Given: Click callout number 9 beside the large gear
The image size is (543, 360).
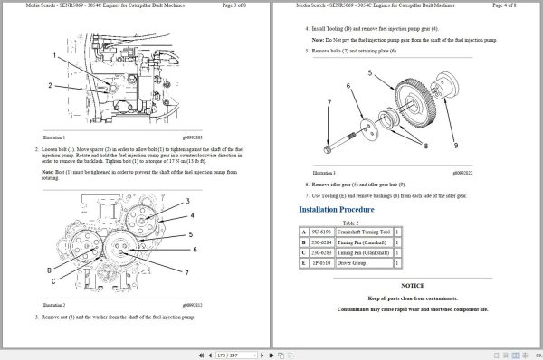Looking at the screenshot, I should (455, 145).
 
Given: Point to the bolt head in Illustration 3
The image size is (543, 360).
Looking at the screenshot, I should (328, 147).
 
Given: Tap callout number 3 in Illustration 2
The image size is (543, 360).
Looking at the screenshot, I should (187, 200).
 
